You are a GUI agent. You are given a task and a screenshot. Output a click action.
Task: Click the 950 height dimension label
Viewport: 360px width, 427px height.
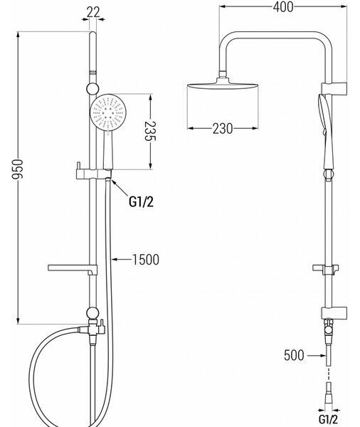click(x=17, y=169)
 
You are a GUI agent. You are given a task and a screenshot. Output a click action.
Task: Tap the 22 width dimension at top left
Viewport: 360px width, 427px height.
click(x=93, y=12)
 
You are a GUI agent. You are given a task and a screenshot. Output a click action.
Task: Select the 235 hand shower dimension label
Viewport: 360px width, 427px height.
click(x=150, y=131)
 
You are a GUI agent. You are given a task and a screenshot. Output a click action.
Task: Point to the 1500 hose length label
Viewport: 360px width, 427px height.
click(x=146, y=260)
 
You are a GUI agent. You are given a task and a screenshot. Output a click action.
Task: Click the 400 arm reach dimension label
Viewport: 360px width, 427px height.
click(x=283, y=7)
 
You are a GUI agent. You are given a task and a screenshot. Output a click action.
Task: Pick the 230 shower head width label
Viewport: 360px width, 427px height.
click(x=223, y=129)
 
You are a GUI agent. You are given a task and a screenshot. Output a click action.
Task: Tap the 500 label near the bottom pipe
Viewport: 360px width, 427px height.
click(x=294, y=355)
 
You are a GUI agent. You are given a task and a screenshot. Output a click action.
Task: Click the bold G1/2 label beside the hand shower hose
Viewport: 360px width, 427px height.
click(x=141, y=202)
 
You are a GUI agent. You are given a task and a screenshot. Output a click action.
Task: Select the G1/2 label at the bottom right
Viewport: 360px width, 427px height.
click(x=328, y=419)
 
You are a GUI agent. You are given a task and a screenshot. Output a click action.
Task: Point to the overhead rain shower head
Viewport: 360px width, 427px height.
click(x=223, y=85)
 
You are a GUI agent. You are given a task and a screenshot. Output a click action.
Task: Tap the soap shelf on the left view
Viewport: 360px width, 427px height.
click(x=73, y=269)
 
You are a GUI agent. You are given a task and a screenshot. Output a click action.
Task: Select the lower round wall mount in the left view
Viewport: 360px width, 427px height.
click(x=93, y=313)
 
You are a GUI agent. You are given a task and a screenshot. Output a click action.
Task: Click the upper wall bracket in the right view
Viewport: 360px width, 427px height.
click(x=334, y=88)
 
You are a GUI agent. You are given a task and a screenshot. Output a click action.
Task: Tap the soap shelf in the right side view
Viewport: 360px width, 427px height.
click(x=326, y=269)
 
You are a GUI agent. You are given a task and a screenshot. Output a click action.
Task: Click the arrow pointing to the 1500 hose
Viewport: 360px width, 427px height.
click(x=122, y=259)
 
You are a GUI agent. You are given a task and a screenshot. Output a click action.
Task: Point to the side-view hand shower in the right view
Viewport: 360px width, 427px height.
click(x=325, y=132)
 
